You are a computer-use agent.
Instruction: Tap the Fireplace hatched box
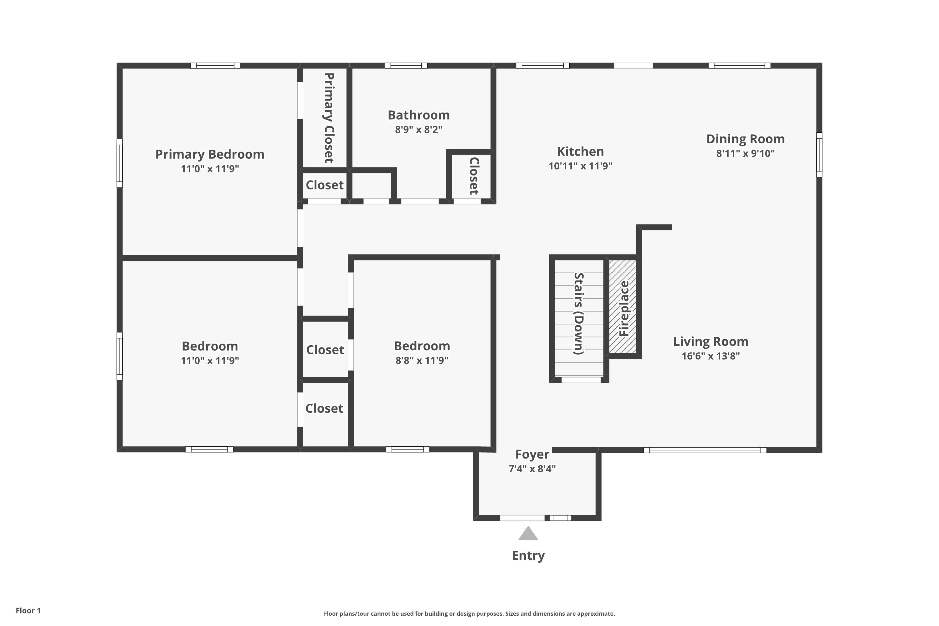click(623, 307)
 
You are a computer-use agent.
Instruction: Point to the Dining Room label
click(745, 139)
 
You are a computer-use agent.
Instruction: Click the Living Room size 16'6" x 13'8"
click(710, 356)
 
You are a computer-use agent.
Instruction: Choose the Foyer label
click(532, 454)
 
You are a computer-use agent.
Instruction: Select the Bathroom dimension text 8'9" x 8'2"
click(418, 130)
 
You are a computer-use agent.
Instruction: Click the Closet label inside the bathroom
click(474, 176)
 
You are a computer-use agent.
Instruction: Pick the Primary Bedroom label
click(210, 154)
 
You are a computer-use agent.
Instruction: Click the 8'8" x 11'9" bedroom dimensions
click(422, 361)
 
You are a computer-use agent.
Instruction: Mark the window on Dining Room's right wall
click(819, 155)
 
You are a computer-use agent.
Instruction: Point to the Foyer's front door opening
click(522, 518)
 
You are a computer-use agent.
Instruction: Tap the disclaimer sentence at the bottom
click(469, 613)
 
